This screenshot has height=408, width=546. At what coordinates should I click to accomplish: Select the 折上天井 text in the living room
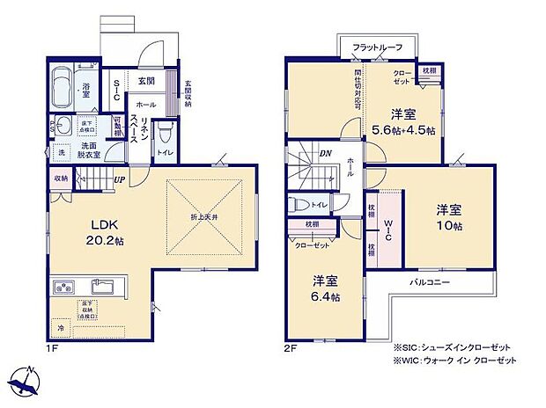204,216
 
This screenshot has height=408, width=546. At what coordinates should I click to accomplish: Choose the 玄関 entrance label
146,81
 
